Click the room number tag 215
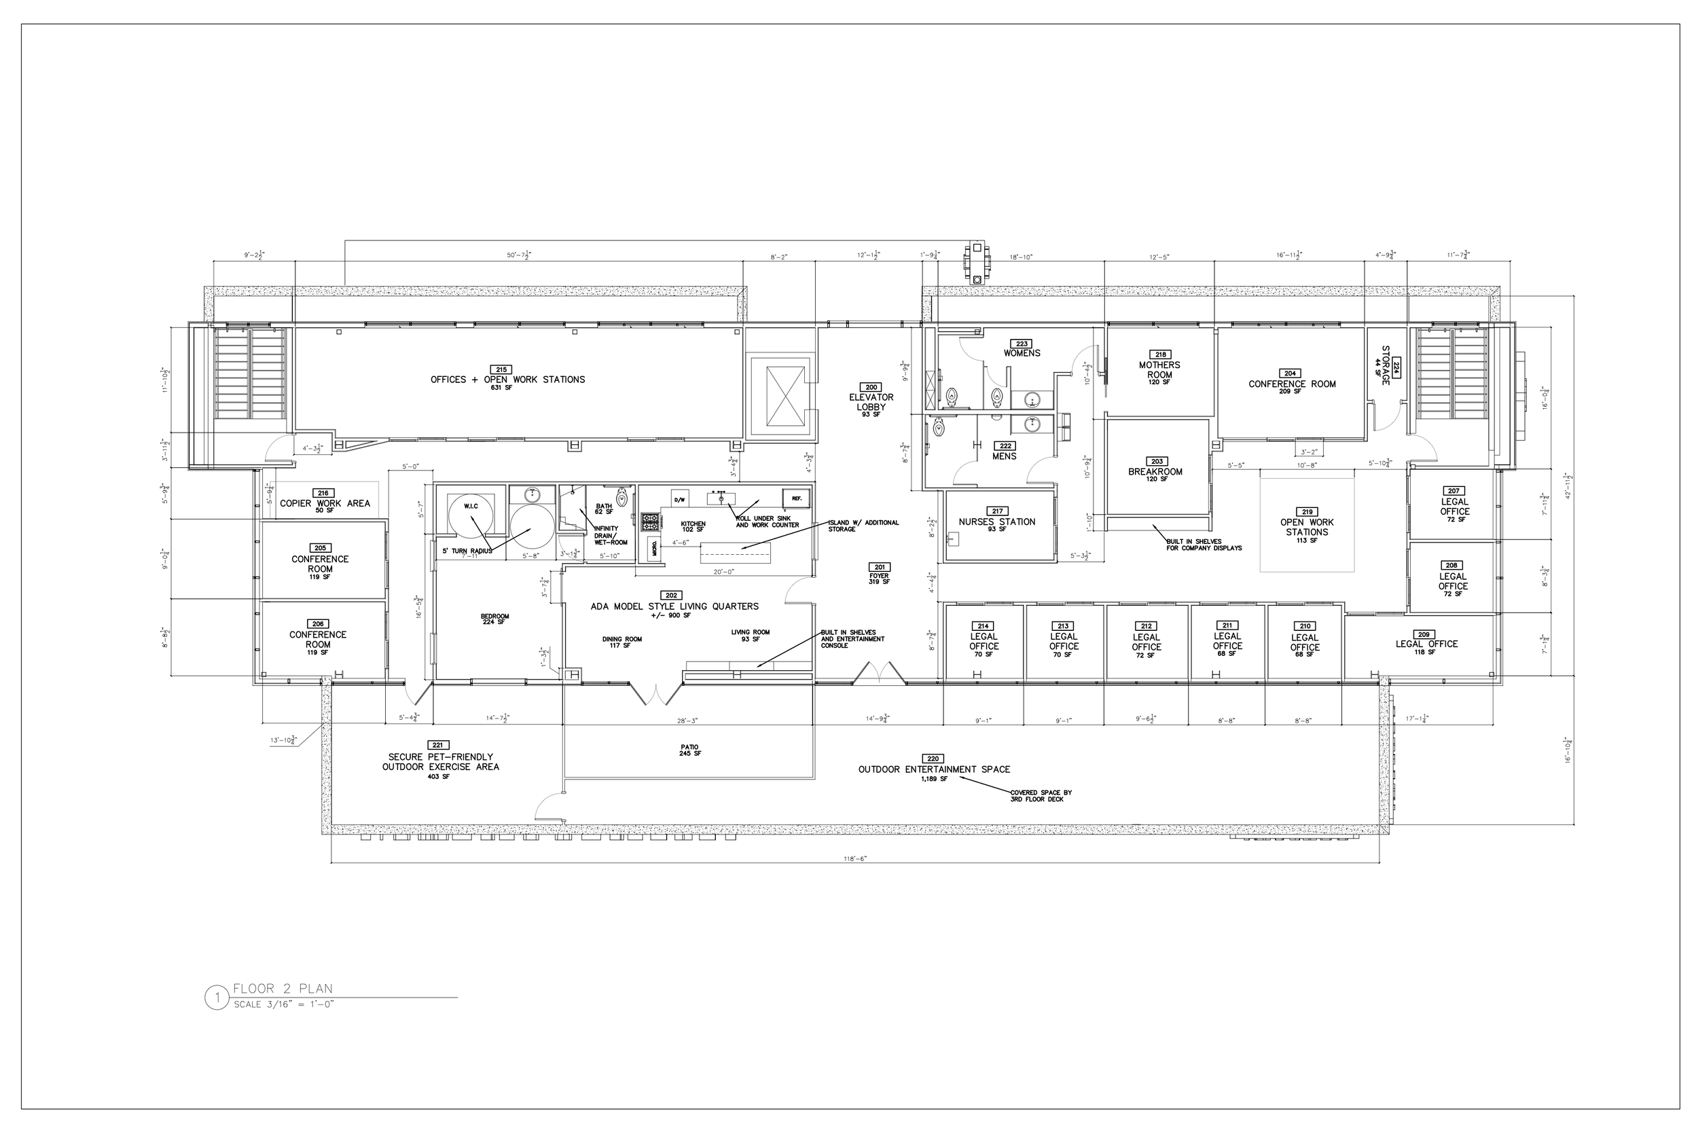point(502,369)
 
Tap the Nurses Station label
point(997,522)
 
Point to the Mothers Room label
point(1159,369)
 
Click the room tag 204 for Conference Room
point(1290,374)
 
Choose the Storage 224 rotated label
point(1386,365)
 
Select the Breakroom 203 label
point(1156,471)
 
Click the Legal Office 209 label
point(1426,644)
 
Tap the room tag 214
point(983,626)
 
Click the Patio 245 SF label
point(689,750)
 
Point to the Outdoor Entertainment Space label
point(934,769)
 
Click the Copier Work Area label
point(325,503)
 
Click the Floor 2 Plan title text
point(283,989)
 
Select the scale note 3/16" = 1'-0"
point(284,1004)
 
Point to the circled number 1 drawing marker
point(217,998)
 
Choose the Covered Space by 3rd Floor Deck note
point(1041,796)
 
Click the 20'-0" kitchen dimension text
point(723,571)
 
